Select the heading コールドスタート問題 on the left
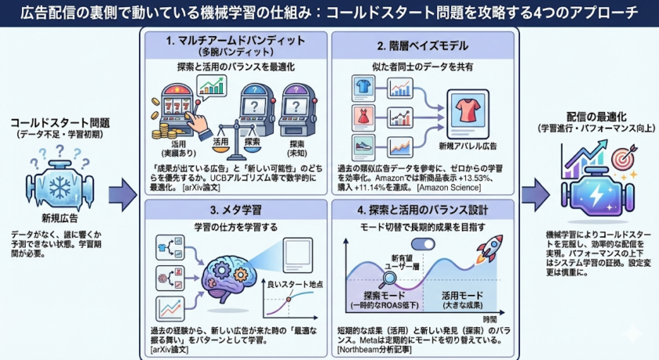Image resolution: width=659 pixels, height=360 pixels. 60,123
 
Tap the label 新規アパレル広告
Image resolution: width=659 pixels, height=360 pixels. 468,147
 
